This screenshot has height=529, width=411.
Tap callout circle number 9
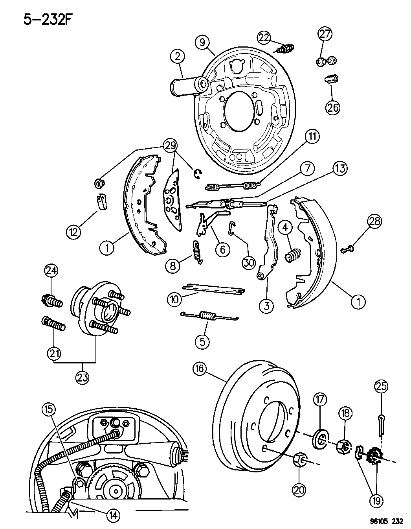coord(202,42)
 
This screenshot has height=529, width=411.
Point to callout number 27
coord(325,34)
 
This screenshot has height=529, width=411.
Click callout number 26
coord(332,107)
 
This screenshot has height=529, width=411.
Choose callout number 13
coord(340,169)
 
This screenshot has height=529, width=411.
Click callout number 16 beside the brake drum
coord(201,370)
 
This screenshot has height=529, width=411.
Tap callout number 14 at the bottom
coord(113,514)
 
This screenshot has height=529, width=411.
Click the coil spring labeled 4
coord(292,256)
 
